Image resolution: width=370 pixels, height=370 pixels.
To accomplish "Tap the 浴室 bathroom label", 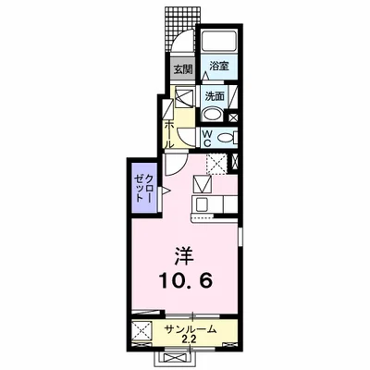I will tap(217, 67).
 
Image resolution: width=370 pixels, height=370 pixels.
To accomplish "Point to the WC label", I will tap(209, 137).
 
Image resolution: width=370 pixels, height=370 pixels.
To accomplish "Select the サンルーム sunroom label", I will tap(190, 329).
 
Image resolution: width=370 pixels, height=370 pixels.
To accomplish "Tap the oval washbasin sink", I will tap(213, 116).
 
